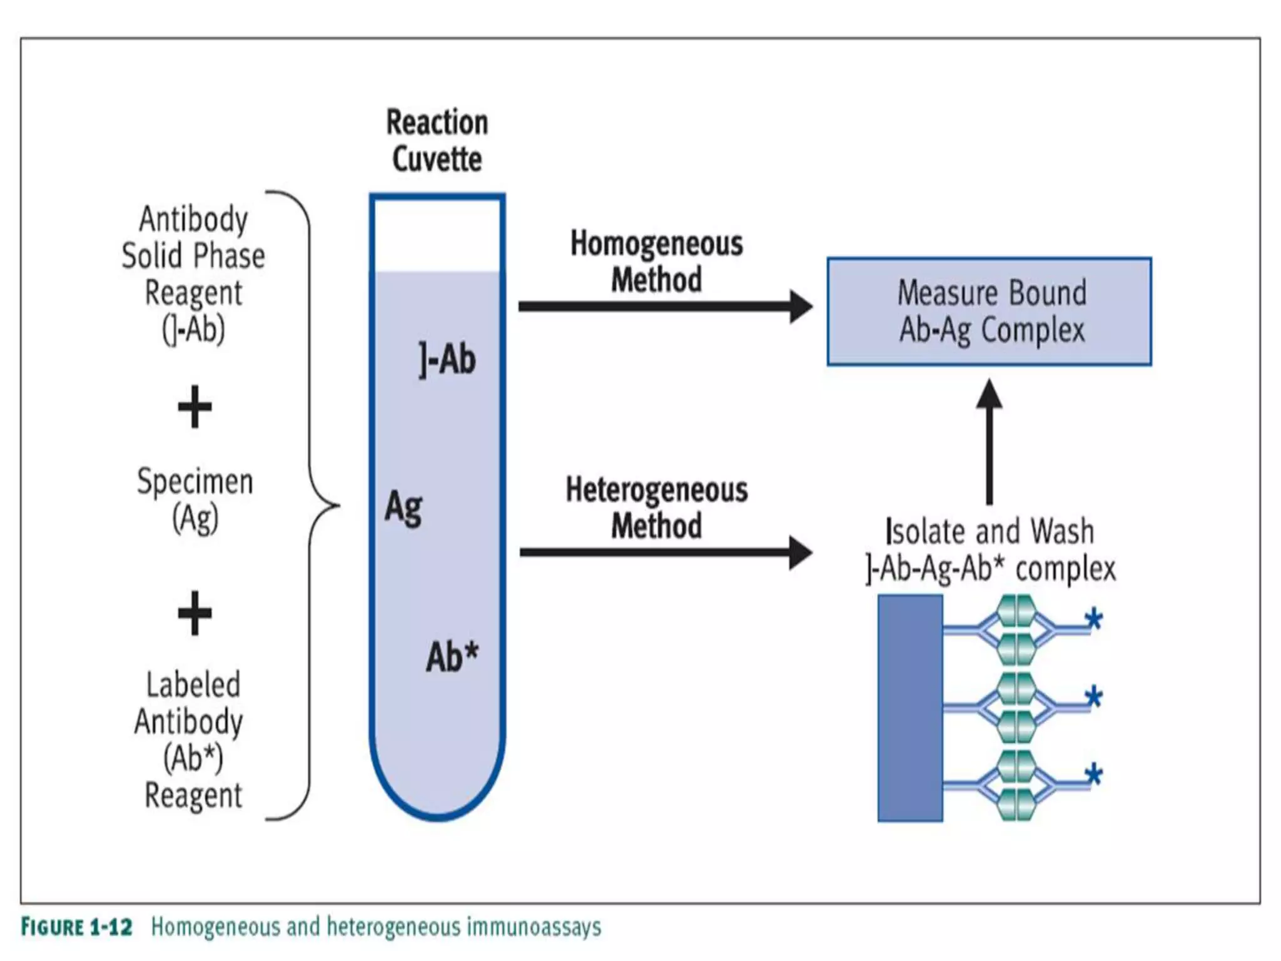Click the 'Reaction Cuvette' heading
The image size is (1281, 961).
click(x=437, y=141)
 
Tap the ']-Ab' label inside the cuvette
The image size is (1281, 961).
click(x=447, y=360)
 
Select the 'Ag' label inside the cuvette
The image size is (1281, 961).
click(x=403, y=508)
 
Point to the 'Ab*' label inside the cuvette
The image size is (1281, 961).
click(x=452, y=657)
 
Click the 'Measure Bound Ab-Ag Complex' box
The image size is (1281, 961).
click(x=989, y=312)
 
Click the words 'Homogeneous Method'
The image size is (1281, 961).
click(x=656, y=262)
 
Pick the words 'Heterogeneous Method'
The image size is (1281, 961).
click(x=656, y=507)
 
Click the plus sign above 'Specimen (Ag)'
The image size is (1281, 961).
click(x=195, y=407)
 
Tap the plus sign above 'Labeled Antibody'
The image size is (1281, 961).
click(x=195, y=613)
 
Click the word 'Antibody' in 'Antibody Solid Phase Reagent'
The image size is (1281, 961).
click(x=193, y=220)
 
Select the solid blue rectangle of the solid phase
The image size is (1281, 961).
click(x=910, y=708)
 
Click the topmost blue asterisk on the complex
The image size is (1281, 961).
click(x=1093, y=621)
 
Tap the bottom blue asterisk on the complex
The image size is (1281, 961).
click(x=1093, y=776)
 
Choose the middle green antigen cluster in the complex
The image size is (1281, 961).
click(x=1015, y=708)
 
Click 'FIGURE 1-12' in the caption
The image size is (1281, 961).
click(x=76, y=927)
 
